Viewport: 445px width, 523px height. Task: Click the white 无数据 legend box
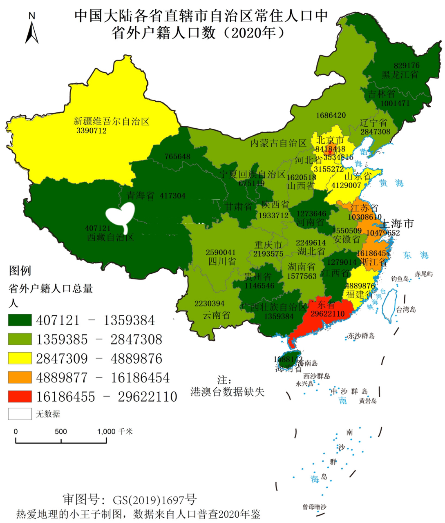[x=20, y=414]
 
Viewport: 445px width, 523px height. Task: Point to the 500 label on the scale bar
[x=60, y=431]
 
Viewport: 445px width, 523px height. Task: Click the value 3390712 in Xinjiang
[x=92, y=131]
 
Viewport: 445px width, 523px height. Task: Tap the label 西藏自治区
[x=110, y=237]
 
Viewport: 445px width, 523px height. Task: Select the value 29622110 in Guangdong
[x=327, y=314]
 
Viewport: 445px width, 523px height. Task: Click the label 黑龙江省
[x=400, y=75]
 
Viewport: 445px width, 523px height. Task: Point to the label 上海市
[x=397, y=224]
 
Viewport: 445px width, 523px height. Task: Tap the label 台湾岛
[x=406, y=309]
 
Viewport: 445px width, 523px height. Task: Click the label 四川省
[x=222, y=261]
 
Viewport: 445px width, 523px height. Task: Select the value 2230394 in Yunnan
[x=209, y=304]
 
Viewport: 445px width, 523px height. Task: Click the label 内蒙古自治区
[x=278, y=143]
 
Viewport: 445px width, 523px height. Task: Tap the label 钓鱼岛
[x=400, y=279]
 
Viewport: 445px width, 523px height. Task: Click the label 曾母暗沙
[x=314, y=507]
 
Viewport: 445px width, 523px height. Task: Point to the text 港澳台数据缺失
[x=227, y=392]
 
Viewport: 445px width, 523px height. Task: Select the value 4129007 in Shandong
[x=346, y=186]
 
